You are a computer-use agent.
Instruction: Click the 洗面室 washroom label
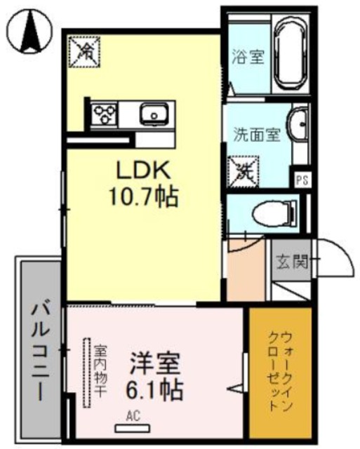tap(257, 133)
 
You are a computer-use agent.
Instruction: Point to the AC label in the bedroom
tap(133, 416)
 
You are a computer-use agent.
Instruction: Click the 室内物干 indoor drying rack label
tap(100, 371)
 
